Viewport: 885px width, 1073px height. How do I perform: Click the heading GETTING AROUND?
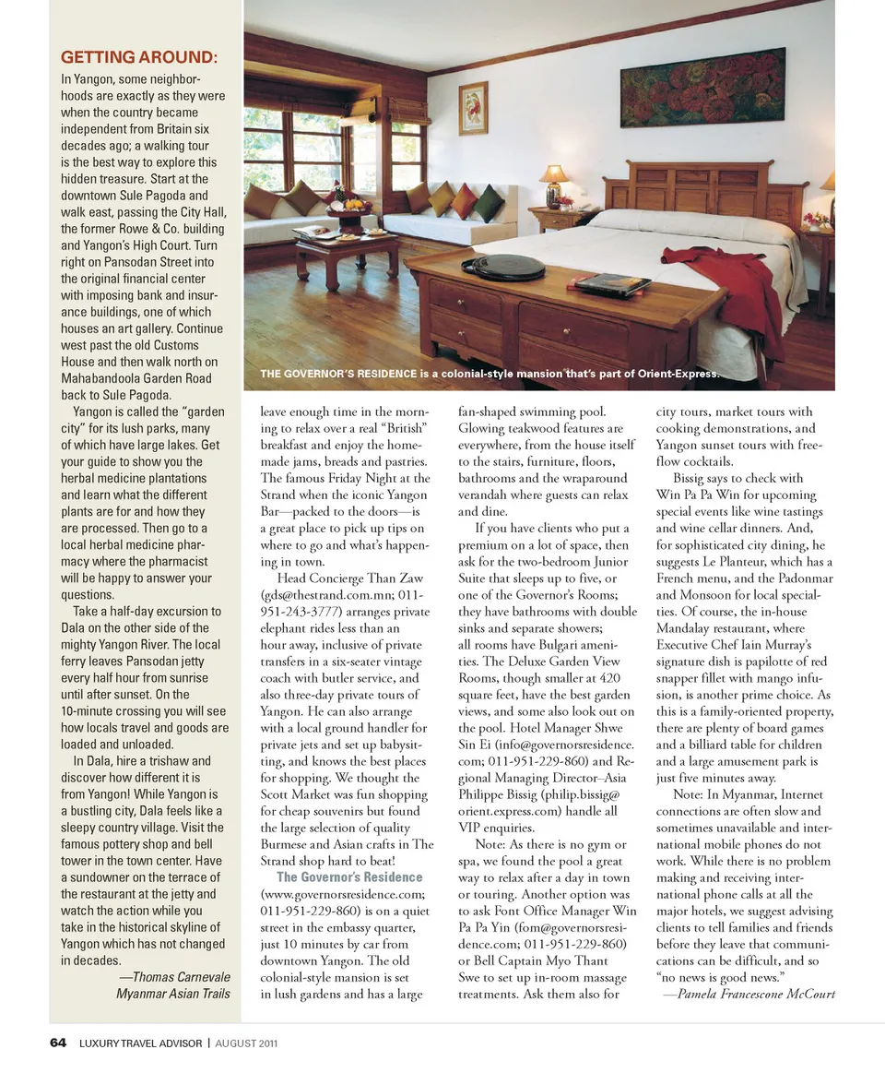point(139,58)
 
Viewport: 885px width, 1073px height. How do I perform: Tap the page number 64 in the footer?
point(58,1043)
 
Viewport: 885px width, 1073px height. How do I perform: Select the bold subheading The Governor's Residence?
point(349,876)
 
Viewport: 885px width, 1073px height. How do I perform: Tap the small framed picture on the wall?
point(473,108)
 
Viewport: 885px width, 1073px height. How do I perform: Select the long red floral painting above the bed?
point(702,87)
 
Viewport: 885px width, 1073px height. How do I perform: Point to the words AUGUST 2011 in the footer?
point(246,1044)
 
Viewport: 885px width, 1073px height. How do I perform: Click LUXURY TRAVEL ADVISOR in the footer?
point(140,1044)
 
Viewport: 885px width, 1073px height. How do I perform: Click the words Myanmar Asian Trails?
point(172,994)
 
